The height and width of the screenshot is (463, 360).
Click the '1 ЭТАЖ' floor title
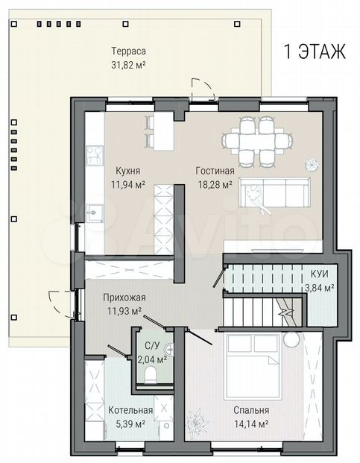pyautogui.click(x=315, y=51)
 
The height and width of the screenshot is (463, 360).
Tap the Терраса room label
pyautogui.click(x=129, y=51)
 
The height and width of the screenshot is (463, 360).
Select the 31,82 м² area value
pyautogui.click(x=129, y=65)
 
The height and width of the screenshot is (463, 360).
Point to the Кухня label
pyautogui.click(x=127, y=171)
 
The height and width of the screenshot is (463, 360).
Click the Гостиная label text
pyautogui.click(x=215, y=171)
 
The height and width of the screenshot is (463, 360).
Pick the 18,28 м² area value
pyautogui.click(x=215, y=185)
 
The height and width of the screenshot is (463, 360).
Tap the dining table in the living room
pyautogui.click(x=258, y=141)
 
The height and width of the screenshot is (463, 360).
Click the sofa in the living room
pyautogui.click(x=274, y=192)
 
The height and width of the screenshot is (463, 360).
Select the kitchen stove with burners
pyautogui.click(x=95, y=155)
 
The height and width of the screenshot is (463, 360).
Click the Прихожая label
pyautogui.click(x=124, y=297)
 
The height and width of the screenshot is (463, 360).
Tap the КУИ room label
pyautogui.click(x=319, y=274)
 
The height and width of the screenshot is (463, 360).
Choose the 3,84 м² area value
pyautogui.click(x=319, y=288)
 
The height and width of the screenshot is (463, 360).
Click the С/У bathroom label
pyautogui.click(x=151, y=345)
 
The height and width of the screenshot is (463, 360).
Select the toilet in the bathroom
pyautogui.click(x=151, y=374)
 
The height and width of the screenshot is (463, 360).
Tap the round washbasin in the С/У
pyautogui.click(x=170, y=350)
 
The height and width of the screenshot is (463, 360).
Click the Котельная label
pyautogui.click(x=130, y=410)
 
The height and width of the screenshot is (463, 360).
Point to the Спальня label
pyautogui.click(x=251, y=410)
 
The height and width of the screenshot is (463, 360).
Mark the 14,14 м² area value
pyautogui.click(x=251, y=424)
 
